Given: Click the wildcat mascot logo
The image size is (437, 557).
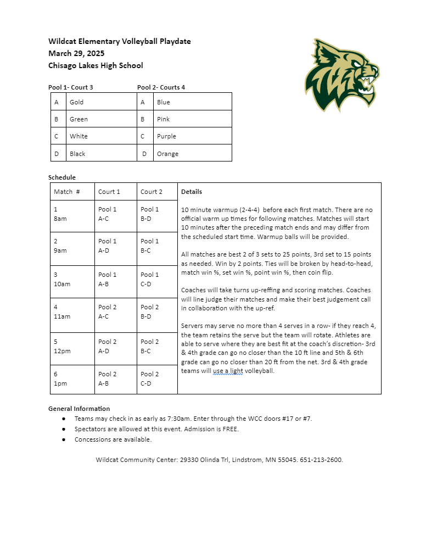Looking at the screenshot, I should (341, 74).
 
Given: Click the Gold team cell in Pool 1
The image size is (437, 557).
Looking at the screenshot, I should (77, 102).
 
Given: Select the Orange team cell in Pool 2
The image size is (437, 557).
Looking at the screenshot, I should (167, 154).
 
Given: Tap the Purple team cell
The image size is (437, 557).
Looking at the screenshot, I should (166, 136).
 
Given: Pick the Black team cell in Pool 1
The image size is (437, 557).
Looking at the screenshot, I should (77, 154).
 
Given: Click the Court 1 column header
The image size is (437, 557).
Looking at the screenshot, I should (109, 192).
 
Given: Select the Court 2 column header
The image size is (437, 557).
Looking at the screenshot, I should (152, 192).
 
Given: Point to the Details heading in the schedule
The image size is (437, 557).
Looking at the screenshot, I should (192, 192).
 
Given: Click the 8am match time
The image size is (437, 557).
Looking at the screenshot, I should (60, 219).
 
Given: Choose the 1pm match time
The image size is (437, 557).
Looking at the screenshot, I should (60, 383).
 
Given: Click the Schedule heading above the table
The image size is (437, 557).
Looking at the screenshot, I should (62, 177).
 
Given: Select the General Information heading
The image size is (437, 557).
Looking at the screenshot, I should (79, 409).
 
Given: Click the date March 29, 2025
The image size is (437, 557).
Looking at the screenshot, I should (76, 53).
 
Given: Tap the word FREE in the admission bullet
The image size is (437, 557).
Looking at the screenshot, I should (230, 429).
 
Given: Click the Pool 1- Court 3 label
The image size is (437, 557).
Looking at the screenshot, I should (71, 87).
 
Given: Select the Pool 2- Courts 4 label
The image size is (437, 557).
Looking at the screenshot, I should (161, 87).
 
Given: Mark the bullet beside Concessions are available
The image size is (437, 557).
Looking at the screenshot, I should (64, 439).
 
